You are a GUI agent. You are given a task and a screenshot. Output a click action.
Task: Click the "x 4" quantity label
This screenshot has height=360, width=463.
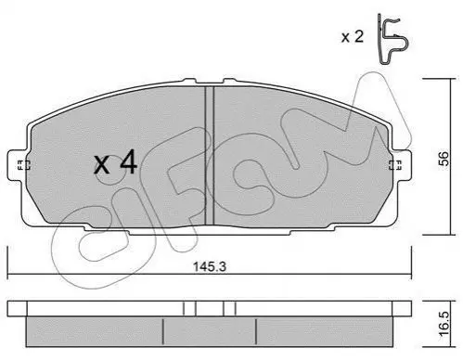tap(115, 162)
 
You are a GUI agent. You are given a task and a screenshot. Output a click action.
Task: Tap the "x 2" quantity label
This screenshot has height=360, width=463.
tap(353, 37)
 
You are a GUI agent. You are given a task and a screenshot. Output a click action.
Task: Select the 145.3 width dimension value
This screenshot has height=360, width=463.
tap(210, 266)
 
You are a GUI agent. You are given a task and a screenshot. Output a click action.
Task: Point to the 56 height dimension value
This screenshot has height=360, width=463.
tap(444, 158)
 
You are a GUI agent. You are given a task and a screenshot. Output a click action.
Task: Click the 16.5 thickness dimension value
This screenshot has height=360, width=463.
tap(444, 324)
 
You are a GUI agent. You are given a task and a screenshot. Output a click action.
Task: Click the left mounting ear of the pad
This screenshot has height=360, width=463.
tap(18, 165)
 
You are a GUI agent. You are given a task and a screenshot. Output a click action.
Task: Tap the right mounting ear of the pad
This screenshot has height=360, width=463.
tap(402, 165)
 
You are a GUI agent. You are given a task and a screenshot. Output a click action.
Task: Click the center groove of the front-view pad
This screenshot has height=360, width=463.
tap(210, 155)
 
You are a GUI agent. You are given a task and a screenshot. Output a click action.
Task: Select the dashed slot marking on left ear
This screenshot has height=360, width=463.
tap(23, 165)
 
